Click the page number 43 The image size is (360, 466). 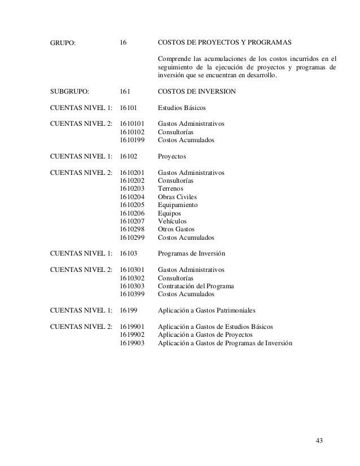pyautogui.click(x=319, y=440)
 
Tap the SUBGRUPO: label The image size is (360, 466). pyautogui.click(x=70, y=91)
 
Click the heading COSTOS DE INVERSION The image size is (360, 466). pyautogui.click(x=196, y=91)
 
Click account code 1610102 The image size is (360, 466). pyautogui.click(x=133, y=131)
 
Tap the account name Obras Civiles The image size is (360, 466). pyautogui.click(x=178, y=197)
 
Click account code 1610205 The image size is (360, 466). pyautogui.click(x=133, y=205)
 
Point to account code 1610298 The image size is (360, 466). pyautogui.click(x=133, y=230)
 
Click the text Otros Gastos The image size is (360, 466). pyautogui.click(x=176, y=230)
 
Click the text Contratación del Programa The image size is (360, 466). pyautogui.click(x=196, y=286)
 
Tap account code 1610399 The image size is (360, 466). pyautogui.click(x=133, y=294)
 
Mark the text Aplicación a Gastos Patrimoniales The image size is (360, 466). pyautogui.click(x=207, y=310)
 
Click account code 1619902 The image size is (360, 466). pyautogui.click(x=133, y=335)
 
